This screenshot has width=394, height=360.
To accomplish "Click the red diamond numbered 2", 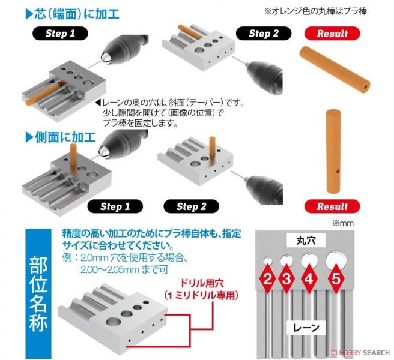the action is click(268, 278).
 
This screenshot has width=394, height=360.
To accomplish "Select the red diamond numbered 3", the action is click(286, 278).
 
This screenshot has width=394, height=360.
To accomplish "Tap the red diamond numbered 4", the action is click(309, 278).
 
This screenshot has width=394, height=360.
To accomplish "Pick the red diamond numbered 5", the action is click(336, 278).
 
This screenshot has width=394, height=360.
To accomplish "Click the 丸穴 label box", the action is click(306, 240).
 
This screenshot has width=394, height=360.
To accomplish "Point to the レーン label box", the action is click(306, 328).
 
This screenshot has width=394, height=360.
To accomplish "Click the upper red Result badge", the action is click(332, 34).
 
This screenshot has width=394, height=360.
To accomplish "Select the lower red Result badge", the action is click(332, 206).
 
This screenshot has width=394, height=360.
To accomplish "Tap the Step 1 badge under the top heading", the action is click(60, 34).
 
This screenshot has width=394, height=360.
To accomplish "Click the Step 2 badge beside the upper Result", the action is click(264, 34).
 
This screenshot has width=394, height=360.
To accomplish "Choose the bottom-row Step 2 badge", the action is click(191, 206).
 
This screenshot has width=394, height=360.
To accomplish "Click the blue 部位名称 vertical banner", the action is click(38, 293).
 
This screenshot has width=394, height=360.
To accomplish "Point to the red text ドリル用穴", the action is click(202, 284).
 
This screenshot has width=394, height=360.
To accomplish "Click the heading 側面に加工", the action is click(61, 137).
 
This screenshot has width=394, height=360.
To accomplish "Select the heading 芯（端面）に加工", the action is click(72, 14).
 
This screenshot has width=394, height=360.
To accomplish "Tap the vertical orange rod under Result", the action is click(334, 151).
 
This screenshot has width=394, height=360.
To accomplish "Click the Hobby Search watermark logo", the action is click(360, 352).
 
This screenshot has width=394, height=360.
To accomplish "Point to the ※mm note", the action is click(343, 223).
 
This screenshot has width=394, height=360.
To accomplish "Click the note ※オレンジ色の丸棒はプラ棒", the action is click(315, 11).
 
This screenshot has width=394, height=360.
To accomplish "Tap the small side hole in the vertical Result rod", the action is click(338, 171).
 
